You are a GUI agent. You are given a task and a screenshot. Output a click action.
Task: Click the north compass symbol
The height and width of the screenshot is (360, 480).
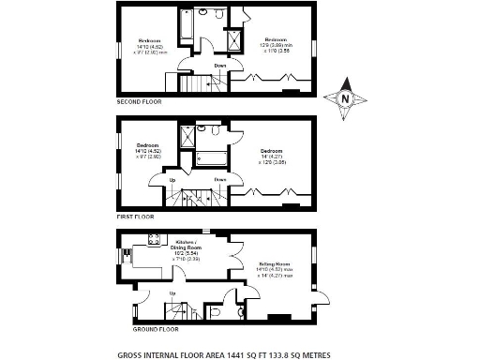click(x=345, y=98)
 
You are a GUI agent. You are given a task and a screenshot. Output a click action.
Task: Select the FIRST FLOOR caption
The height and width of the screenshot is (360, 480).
click(x=136, y=216)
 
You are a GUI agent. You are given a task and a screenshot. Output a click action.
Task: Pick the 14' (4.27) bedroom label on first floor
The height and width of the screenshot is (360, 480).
click(x=273, y=156)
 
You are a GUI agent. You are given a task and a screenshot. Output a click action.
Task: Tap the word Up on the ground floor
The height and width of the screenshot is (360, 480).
click(x=172, y=293)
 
